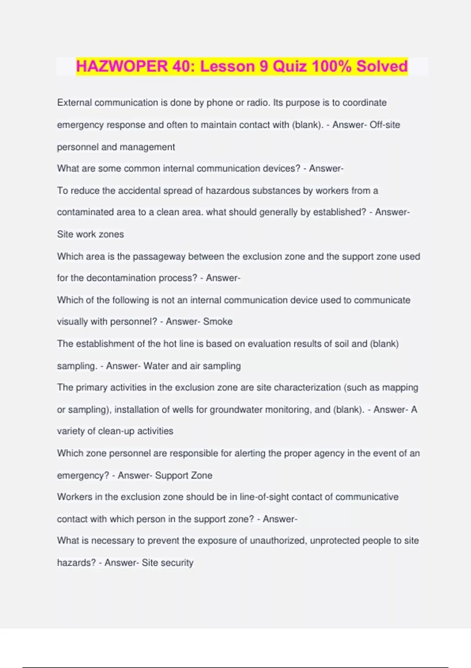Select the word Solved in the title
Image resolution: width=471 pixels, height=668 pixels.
(382, 66)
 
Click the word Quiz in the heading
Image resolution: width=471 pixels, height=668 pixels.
(290, 66)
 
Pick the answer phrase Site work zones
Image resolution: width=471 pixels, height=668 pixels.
(90, 234)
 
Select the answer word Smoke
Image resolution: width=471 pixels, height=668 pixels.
(218, 322)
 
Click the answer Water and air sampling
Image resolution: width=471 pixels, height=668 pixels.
(192, 366)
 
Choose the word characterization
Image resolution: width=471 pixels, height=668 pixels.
(307, 387)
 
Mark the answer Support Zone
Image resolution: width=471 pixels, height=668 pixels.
(183, 475)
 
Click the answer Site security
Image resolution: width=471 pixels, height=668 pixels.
(168, 562)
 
